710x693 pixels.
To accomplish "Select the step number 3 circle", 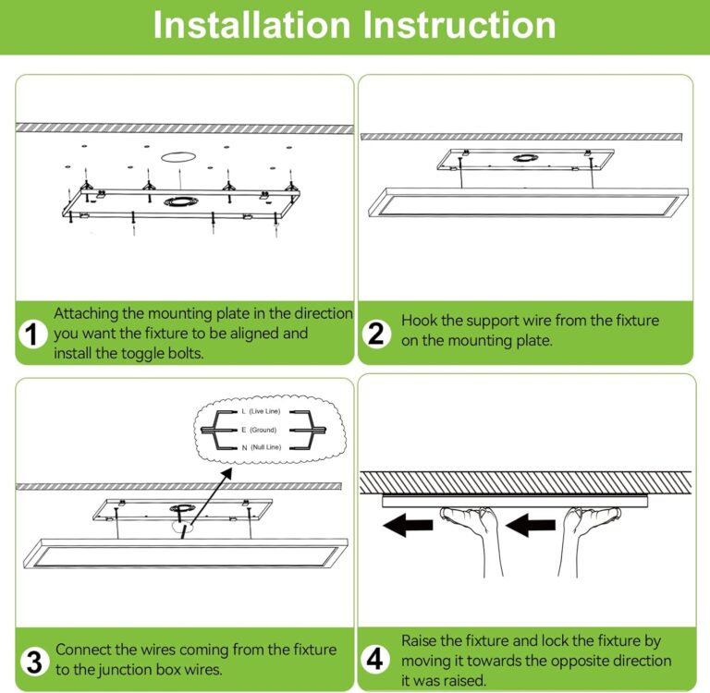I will click(x=33, y=661).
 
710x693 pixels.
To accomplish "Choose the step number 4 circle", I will click(x=375, y=659).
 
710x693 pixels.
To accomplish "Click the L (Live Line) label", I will click(x=262, y=410).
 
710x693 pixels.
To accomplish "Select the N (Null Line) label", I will click(x=261, y=447).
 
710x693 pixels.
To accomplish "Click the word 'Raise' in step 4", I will click(x=422, y=640).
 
